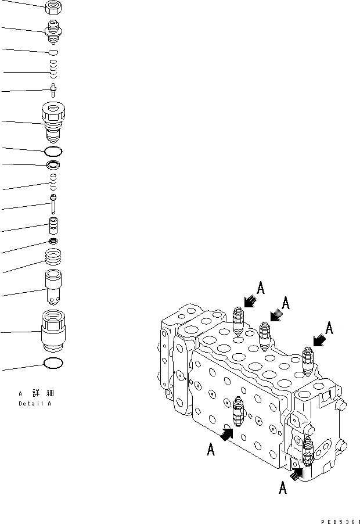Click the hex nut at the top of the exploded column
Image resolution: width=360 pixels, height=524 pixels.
(53, 8)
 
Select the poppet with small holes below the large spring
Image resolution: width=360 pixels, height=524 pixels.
(53, 288)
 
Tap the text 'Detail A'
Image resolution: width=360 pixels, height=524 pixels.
(34, 403)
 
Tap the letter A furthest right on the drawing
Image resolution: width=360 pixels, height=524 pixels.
(329, 328)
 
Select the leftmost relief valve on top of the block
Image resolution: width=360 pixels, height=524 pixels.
(236, 322)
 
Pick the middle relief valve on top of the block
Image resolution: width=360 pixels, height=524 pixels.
(265, 336)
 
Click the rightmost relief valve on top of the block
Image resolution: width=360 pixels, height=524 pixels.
(308, 360)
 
